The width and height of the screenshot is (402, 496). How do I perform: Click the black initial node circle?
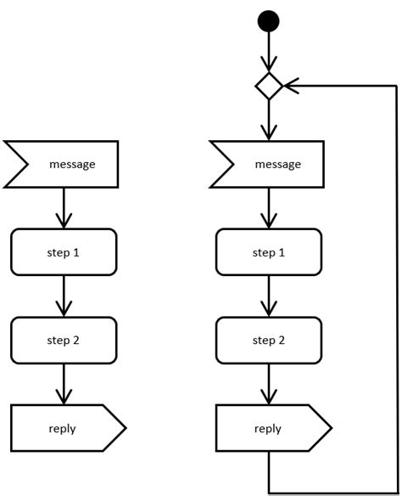269,20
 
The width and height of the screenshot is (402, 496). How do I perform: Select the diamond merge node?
269,86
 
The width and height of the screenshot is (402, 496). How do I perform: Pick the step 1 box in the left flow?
64,252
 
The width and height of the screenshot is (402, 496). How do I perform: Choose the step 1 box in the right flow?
269,252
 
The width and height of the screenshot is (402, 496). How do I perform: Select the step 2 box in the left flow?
64,340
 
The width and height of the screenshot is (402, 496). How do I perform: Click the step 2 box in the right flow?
269,340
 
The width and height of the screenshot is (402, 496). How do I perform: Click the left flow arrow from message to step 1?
64,208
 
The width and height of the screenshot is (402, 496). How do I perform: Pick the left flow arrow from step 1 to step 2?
64,296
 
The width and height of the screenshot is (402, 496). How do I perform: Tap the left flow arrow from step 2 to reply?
64,384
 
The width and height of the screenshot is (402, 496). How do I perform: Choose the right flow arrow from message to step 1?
269,208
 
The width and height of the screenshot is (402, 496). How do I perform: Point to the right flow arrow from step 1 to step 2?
269,296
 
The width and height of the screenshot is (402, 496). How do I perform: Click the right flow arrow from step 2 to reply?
269,384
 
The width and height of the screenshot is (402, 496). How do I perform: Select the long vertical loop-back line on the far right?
396,289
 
